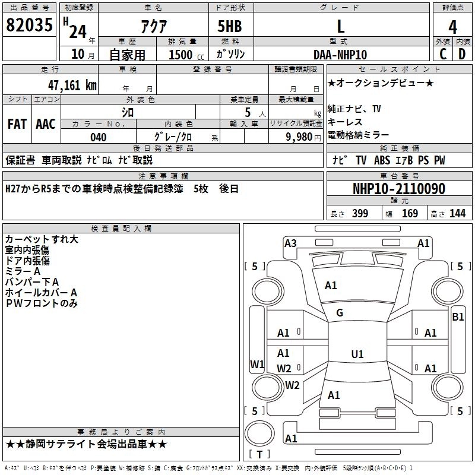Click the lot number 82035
pos(29,24)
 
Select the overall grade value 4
pos(452,27)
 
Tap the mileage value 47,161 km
pos(72,85)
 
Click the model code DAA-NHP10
pos(340,55)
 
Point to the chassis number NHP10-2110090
pos(399,189)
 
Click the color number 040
pos(99,137)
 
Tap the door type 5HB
pos(230,26)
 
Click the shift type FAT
pos(17,124)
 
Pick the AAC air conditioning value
pos(46,124)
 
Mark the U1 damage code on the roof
pos(357,354)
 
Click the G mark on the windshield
pos(340,313)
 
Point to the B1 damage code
pos(458,317)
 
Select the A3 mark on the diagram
pos(290,243)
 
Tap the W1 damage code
pos(257,364)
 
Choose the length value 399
pos(360,214)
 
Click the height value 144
pos(457,214)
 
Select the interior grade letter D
pos(462,54)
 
